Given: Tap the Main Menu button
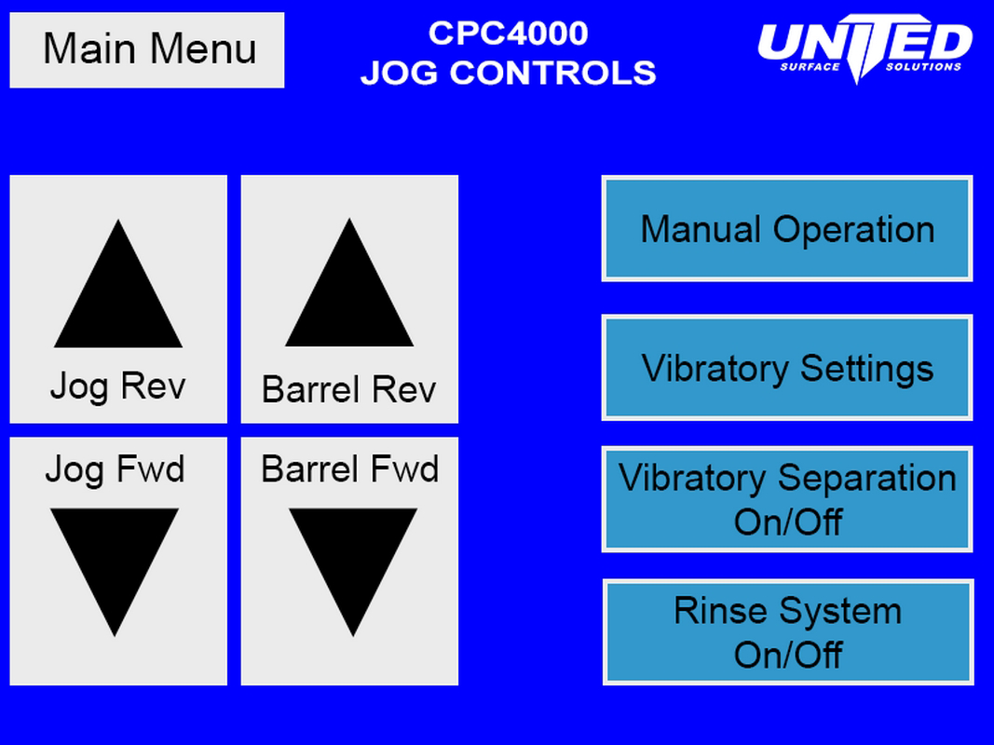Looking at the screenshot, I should tap(147, 50).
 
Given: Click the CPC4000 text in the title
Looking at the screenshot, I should tap(508, 34).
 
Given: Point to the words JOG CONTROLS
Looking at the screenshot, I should tap(508, 73).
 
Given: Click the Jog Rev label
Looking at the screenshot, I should tap(117, 386).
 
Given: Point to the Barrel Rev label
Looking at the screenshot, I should tap(348, 389).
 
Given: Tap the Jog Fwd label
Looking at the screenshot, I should tap(115, 469).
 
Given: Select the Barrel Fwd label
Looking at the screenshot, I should tap(349, 469).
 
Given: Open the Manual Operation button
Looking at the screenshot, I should tap(787, 229).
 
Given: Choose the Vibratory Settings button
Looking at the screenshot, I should tap(787, 368).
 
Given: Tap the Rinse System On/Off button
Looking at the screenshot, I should tap(788, 632).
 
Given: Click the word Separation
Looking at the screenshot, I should tap(866, 479).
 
